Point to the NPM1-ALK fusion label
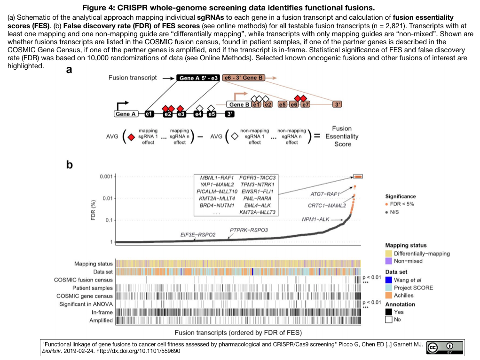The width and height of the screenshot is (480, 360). pyautogui.click(x=316, y=219)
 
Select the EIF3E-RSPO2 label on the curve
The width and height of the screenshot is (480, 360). pyautogui.click(x=198, y=234)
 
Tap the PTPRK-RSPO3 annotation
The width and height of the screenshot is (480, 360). pyautogui.click(x=249, y=230)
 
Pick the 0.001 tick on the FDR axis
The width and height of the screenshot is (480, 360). pyautogui.click(x=106, y=176)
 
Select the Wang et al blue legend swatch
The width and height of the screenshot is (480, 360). pyautogui.click(x=389, y=280)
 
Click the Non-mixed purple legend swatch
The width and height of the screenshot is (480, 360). pyautogui.click(x=389, y=261)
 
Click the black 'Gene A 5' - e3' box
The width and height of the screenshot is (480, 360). pyautogui.click(x=198, y=78)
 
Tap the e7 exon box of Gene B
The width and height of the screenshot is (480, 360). pyautogui.click(x=306, y=104)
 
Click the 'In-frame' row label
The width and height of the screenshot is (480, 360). pyautogui.click(x=102, y=312)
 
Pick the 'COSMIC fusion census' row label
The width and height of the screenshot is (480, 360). pyautogui.click(x=83, y=280)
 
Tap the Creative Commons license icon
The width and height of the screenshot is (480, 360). pyautogui.click(x=443, y=347)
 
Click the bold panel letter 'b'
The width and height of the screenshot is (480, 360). pyautogui.click(x=69, y=165)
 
